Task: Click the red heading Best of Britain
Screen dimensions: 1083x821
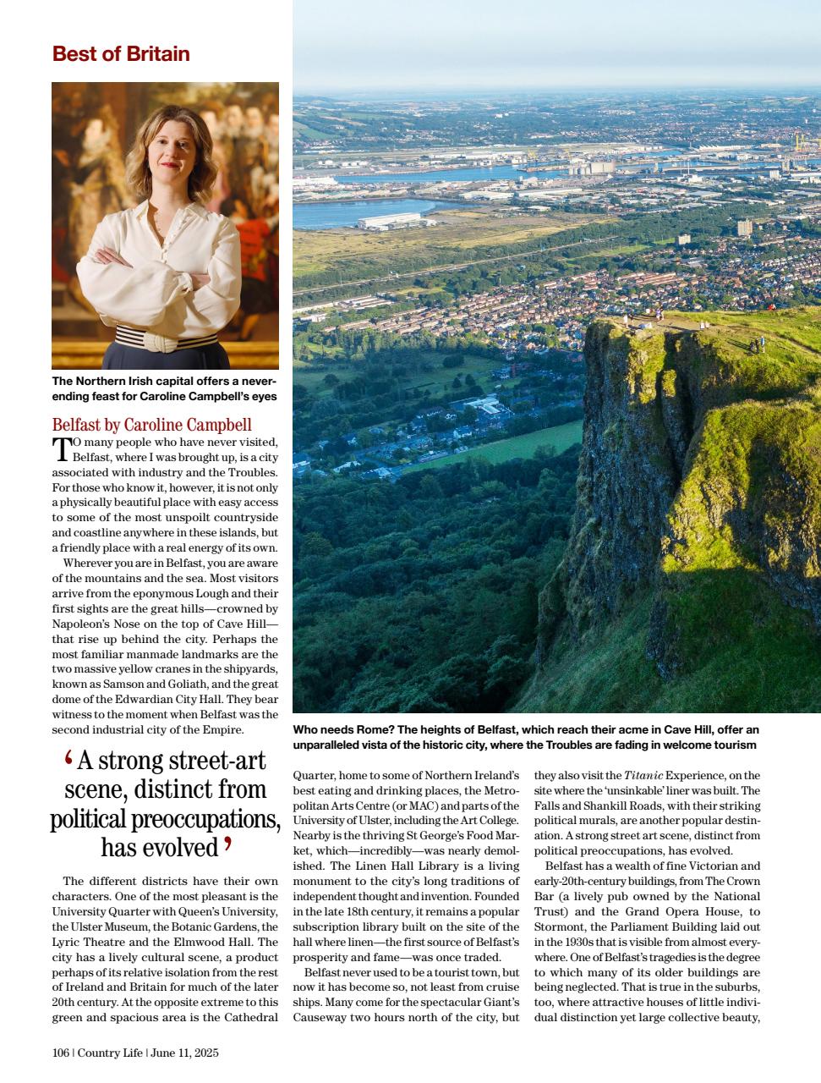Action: (x=121, y=54)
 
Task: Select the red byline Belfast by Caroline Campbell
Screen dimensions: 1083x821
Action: (x=151, y=425)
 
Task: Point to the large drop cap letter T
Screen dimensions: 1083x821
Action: (x=60, y=448)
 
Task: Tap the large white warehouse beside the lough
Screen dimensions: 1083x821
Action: (x=388, y=222)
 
